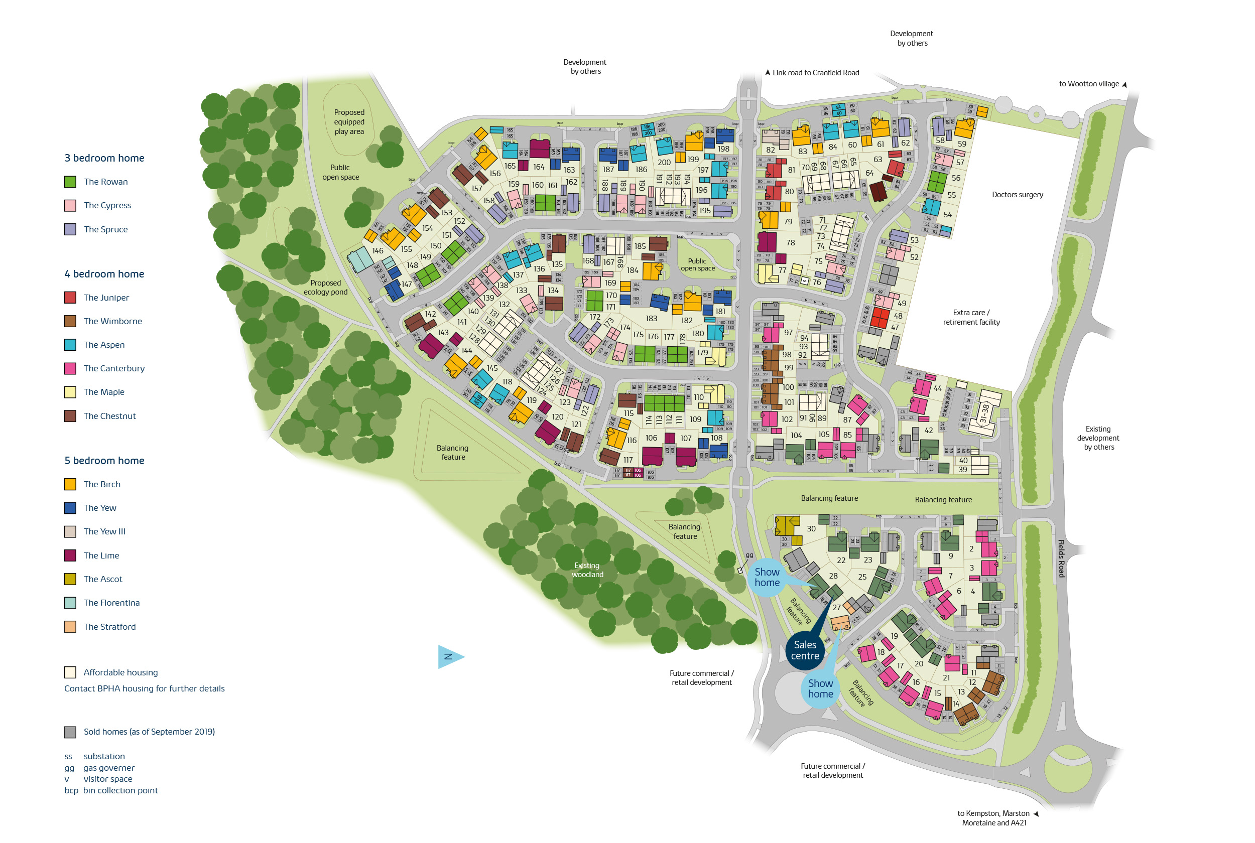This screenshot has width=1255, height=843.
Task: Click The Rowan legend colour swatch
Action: coord(70,182)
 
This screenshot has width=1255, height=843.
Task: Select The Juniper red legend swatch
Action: coord(70,297)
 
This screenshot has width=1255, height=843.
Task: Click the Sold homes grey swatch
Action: coord(70,732)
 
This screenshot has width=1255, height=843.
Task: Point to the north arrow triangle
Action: coord(449,656)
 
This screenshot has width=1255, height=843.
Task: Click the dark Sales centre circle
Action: coord(805,650)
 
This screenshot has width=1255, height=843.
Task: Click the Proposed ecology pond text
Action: coord(325,287)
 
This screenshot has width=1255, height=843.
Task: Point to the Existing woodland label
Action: coord(587,570)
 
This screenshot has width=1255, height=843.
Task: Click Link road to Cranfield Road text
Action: coord(815,73)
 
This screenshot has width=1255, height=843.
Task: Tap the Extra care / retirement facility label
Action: coord(970,317)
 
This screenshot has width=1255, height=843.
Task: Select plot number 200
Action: coord(664,163)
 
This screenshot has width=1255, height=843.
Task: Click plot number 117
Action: coord(628,460)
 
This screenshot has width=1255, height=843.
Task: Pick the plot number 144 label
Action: coord(467,351)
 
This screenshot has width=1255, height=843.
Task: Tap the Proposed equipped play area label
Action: coord(349,122)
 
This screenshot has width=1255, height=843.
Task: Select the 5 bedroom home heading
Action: coord(104,460)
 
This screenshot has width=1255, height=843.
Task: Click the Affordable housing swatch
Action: coord(70,672)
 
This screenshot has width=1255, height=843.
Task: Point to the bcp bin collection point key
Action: coord(111,790)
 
